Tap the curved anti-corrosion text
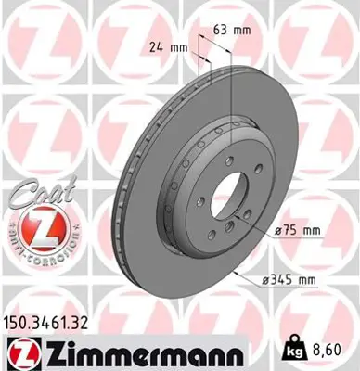[34, 251]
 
